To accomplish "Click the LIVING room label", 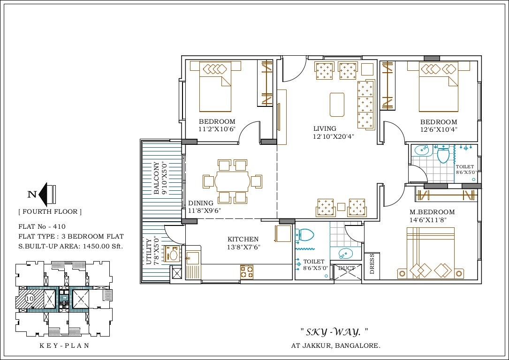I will pyautogui.click(x=325, y=128).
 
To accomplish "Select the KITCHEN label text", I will pyautogui.click(x=243, y=239).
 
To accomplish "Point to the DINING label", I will pyautogui.click(x=201, y=203).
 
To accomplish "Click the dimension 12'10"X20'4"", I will pyautogui.click(x=334, y=137).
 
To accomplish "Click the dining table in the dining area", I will pyautogui.click(x=232, y=181).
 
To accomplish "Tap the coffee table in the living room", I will pyautogui.click(x=337, y=104).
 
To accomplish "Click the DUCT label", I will pyautogui.click(x=347, y=268).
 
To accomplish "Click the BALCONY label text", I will pyautogui.click(x=157, y=178).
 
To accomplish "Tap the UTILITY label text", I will pyautogui.click(x=149, y=252).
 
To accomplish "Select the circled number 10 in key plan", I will pyautogui.click(x=29, y=298).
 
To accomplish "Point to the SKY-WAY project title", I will pyautogui.click(x=334, y=332).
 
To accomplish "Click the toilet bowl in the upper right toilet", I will pyautogui.click(x=443, y=154).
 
